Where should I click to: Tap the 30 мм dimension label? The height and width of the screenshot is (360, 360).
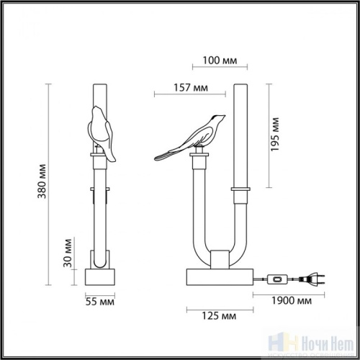[67, 251]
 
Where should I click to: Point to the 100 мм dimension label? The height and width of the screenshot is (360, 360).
[218, 60]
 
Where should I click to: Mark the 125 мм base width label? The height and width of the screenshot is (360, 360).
[219, 315]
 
